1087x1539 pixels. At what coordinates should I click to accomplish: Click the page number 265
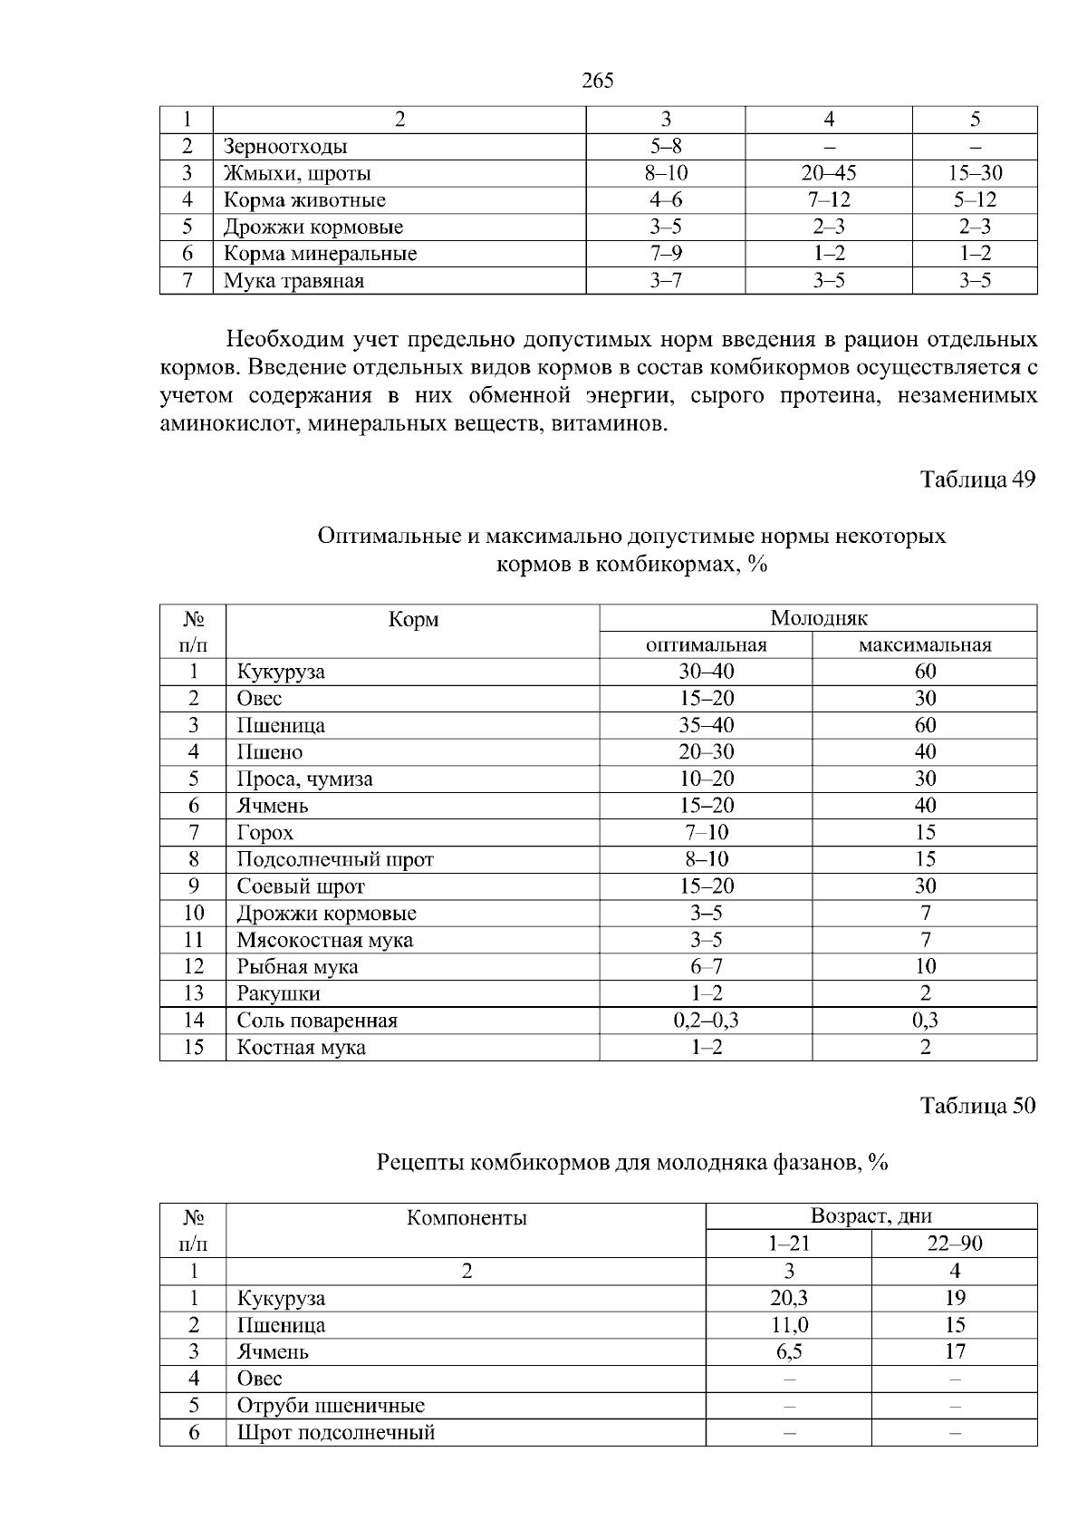click(x=597, y=81)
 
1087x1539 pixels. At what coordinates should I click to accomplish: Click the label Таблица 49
click(x=977, y=479)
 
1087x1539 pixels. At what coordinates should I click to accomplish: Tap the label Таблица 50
click(x=977, y=1106)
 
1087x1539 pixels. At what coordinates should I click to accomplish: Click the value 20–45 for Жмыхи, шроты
click(x=828, y=173)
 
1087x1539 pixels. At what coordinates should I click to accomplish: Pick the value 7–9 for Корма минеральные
click(x=666, y=254)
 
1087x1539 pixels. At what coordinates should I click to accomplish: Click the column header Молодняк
click(x=818, y=618)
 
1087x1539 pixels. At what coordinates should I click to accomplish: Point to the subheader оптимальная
click(x=706, y=645)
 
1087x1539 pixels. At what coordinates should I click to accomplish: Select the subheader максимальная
click(x=924, y=645)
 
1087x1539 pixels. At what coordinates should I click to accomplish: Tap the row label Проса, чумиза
click(x=304, y=779)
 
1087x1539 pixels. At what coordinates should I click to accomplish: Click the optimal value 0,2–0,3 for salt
click(x=706, y=1021)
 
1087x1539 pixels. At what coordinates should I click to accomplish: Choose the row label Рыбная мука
click(x=297, y=967)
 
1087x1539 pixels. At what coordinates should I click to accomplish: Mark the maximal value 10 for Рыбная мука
click(x=925, y=967)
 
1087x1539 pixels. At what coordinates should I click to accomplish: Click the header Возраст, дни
click(x=871, y=1216)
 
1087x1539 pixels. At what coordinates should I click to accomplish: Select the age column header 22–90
click(x=954, y=1244)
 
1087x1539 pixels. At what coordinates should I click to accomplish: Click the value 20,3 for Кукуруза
click(x=788, y=1298)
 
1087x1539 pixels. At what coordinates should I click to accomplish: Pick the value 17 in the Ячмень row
click(x=954, y=1351)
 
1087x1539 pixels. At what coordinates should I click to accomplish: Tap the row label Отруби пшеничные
click(x=331, y=1406)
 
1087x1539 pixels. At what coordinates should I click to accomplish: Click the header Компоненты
click(x=467, y=1217)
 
